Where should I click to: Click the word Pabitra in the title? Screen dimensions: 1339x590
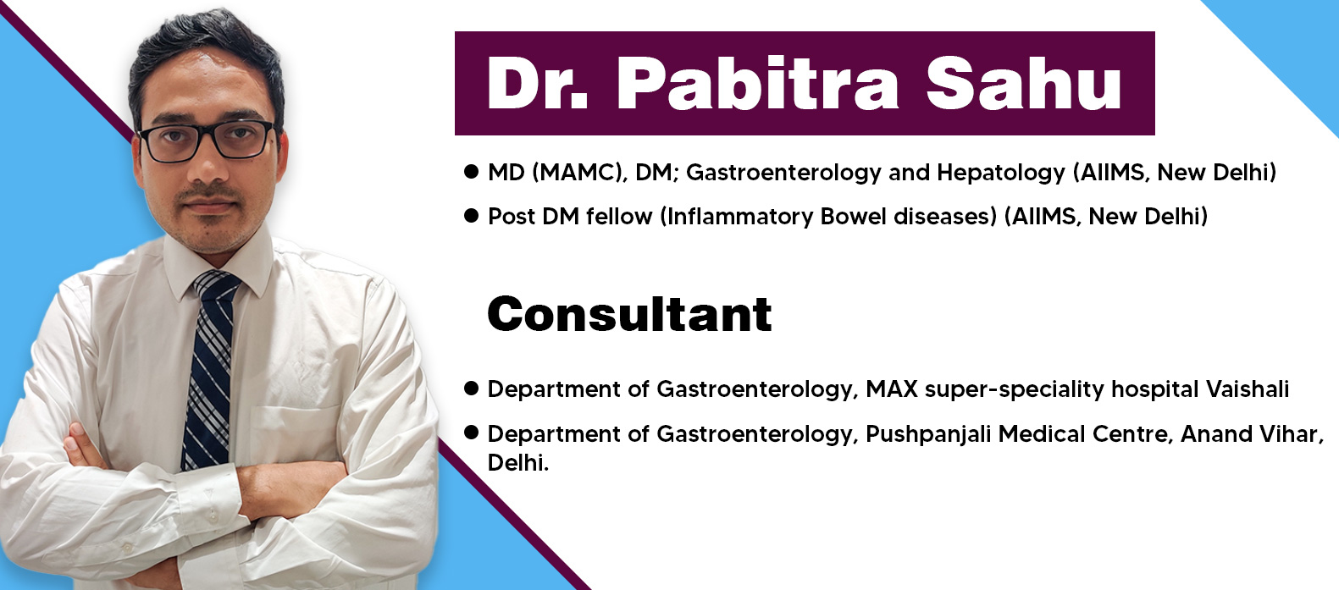click(757, 84)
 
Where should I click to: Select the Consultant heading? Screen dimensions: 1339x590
click(629, 314)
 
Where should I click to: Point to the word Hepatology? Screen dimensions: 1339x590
click(1001, 174)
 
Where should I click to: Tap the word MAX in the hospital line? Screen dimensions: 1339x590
click(891, 389)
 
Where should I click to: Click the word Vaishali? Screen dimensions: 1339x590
click(1247, 389)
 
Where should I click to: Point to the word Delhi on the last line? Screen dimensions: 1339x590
click(517, 462)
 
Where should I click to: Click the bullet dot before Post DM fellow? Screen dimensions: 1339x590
click(471, 216)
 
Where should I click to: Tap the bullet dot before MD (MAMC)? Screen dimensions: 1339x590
click(471, 172)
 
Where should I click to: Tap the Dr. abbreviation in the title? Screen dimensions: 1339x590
click(538, 84)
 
